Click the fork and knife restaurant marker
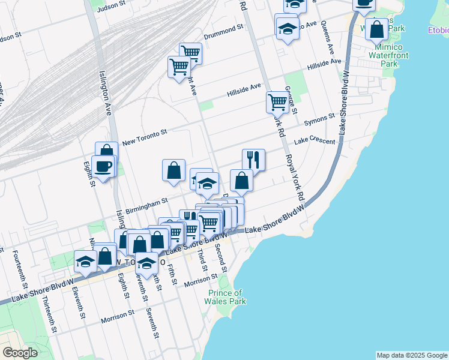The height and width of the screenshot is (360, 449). pos(253,160)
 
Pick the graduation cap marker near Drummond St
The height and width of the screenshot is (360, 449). pos(288,27)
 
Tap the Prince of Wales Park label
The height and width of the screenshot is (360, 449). pos(227,297)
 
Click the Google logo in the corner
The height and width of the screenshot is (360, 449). pos(20,353)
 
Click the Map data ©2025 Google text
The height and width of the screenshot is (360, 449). pos(411,355)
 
